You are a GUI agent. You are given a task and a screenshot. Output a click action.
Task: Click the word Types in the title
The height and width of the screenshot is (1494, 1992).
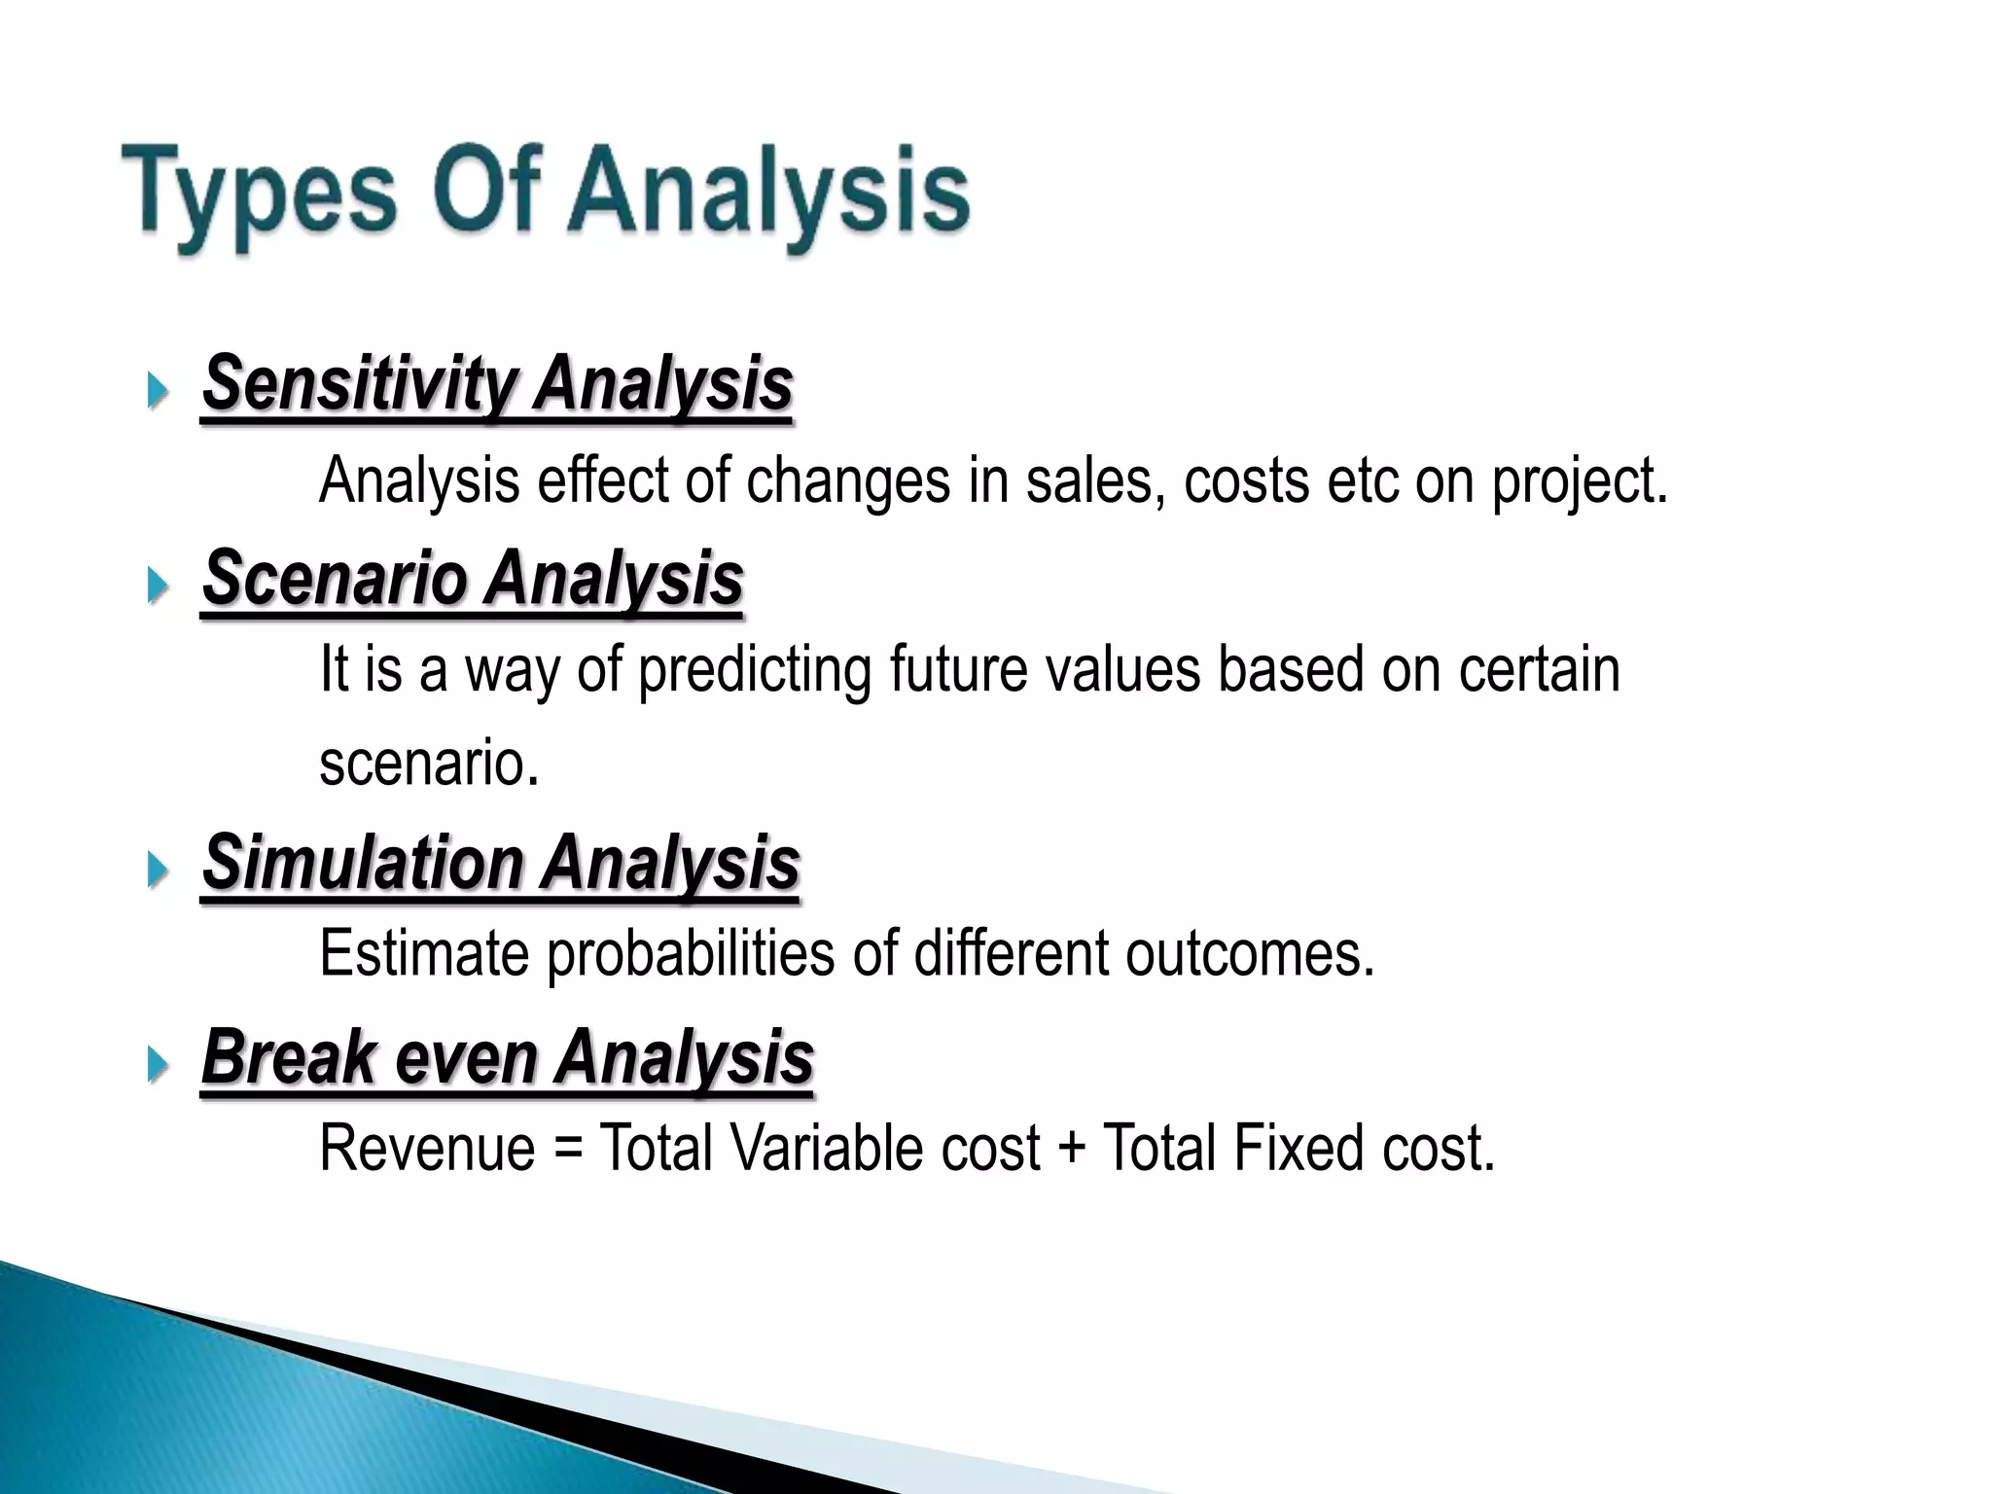click(258, 193)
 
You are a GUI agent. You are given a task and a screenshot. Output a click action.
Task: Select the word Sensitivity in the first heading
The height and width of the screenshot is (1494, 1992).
click(359, 383)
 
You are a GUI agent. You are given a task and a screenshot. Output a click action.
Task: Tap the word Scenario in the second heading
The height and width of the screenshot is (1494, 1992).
click(335, 578)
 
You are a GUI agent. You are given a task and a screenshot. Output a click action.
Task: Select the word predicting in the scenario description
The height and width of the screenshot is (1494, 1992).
click(754, 671)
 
